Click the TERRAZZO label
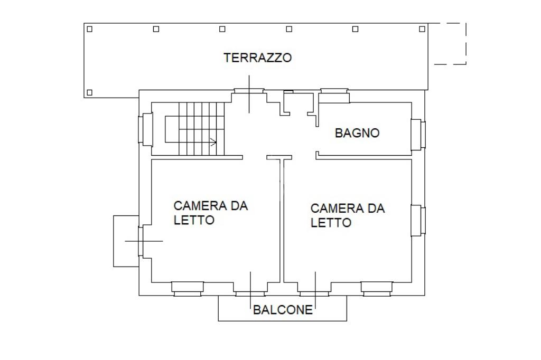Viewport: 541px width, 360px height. pyautogui.click(x=257, y=58)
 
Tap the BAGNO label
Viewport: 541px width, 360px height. pyautogui.click(x=357, y=133)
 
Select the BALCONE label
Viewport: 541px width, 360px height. pyautogui.click(x=283, y=310)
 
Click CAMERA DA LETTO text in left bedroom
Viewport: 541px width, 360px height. pyautogui.click(x=210, y=213)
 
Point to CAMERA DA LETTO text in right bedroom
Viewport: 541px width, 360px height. pyautogui.click(x=348, y=215)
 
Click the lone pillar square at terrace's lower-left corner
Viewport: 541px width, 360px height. pyautogui.click(x=90, y=92)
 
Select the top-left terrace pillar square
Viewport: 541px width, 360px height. pyautogui.click(x=90, y=29)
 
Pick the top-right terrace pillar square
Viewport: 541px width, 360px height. pyautogui.click(x=422, y=29)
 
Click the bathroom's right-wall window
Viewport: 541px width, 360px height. pyautogui.click(x=418, y=135)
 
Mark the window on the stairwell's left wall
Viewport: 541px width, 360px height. pyautogui.click(x=145, y=129)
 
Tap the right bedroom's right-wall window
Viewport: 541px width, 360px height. pyautogui.click(x=418, y=221)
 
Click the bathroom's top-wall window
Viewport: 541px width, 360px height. pyautogui.click(x=334, y=96)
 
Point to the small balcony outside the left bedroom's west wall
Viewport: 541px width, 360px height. pyautogui.click(x=126, y=241)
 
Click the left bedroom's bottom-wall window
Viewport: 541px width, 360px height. pyautogui.click(x=188, y=289)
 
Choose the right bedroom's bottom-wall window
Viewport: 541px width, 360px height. pyautogui.click(x=377, y=289)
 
